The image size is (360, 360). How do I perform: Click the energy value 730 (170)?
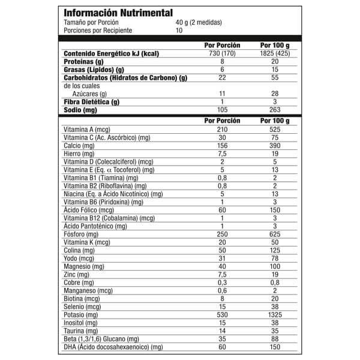click(x=222, y=53)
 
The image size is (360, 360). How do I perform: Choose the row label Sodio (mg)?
click(x=80, y=110)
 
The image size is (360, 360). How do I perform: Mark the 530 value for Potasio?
click(x=222, y=314)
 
